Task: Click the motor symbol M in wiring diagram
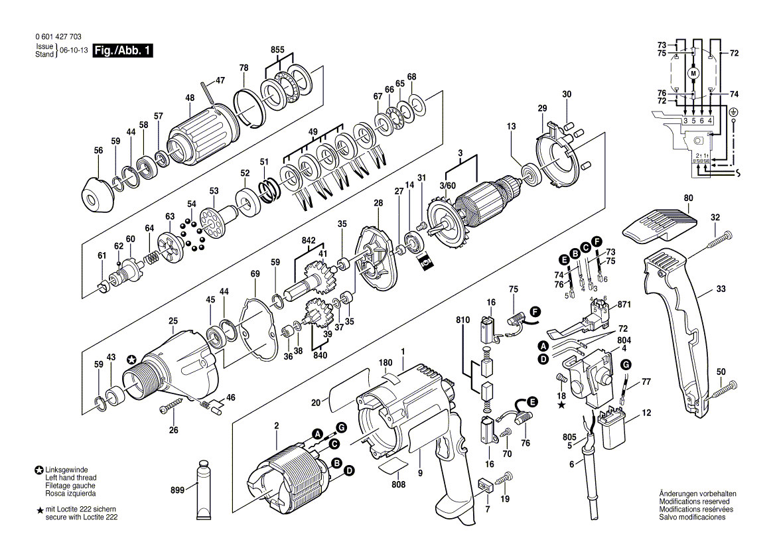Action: [x=693, y=72]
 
